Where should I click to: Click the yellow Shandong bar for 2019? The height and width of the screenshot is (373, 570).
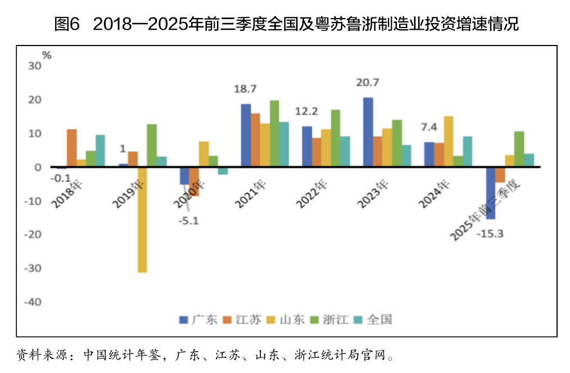point(143,219)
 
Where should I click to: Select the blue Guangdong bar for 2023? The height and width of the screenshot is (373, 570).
point(368,132)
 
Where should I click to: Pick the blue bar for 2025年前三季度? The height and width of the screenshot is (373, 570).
point(491,193)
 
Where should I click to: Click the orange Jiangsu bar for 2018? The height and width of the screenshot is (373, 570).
point(71,148)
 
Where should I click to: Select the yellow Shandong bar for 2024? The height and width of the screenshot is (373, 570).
point(449,141)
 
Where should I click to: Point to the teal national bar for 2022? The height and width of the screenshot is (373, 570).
point(345,151)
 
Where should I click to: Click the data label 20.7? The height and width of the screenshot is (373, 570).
point(368,83)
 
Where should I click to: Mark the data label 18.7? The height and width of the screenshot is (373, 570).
point(245,89)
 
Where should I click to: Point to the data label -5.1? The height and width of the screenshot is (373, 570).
point(188,221)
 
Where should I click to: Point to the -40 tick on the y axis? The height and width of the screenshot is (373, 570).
point(33,302)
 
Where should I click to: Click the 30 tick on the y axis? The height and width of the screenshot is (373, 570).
point(35,66)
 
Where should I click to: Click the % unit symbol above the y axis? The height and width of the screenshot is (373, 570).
point(47,55)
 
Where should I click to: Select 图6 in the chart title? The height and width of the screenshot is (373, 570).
point(68,24)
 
